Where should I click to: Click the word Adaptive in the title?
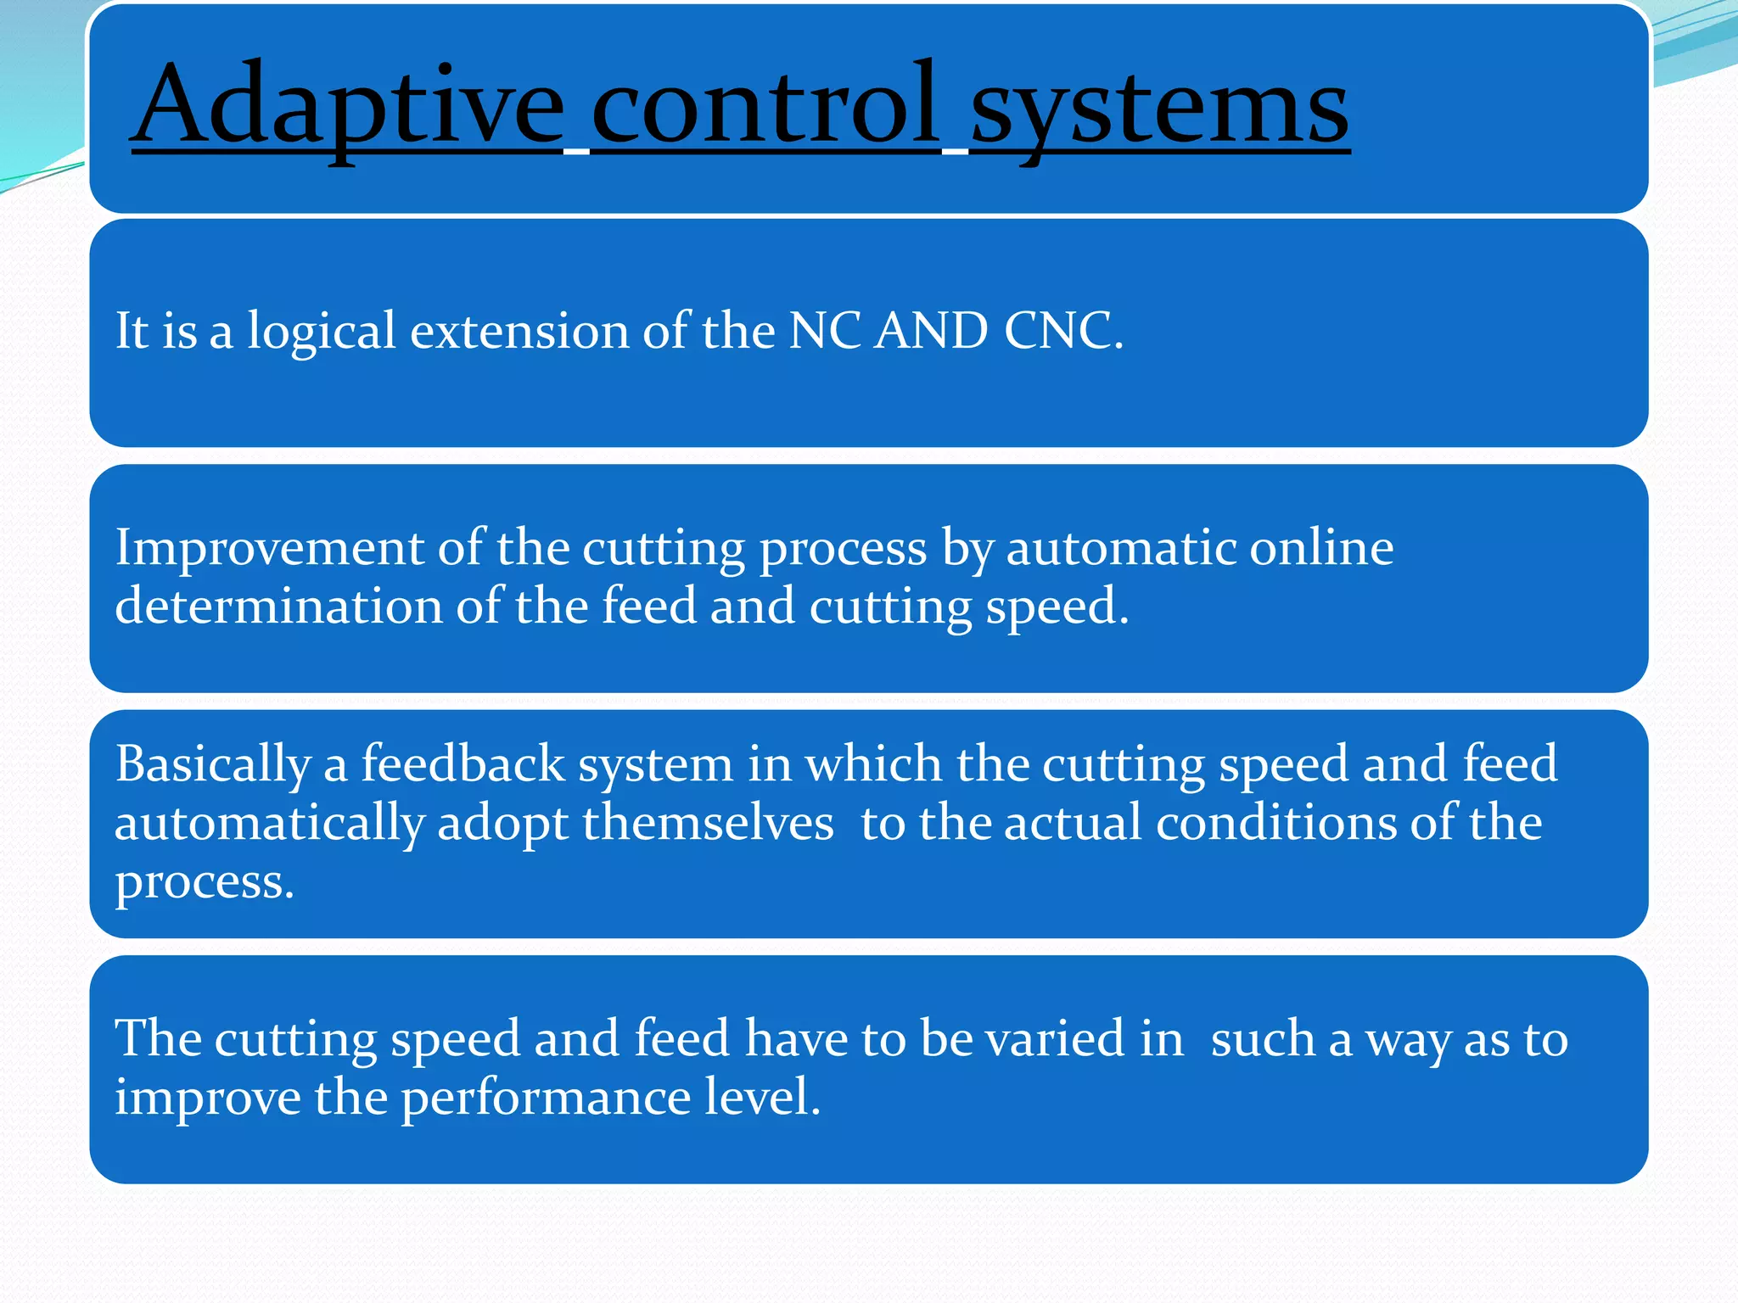coord(348,106)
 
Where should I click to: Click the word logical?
coord(322,332)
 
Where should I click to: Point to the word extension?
coord(519,331)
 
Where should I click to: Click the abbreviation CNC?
coord(1062,331)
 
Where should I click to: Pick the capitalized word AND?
coord(931,331)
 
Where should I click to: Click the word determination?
coord(278,607)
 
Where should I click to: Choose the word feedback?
coord(463,763)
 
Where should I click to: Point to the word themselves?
coord(708,823)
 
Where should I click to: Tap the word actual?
coord(1073,823)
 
